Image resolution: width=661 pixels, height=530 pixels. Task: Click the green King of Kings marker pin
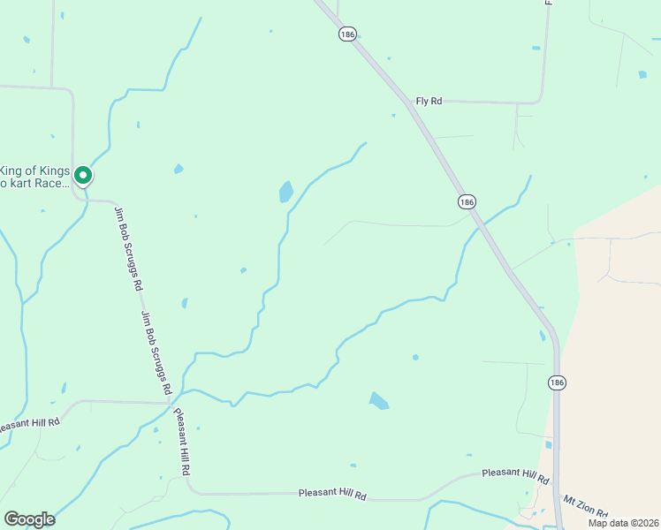click(x=83, y=176)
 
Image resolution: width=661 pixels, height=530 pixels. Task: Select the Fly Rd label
click(x=428, y=102)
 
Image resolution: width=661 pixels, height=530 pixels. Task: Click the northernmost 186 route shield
click(x=346, y=34)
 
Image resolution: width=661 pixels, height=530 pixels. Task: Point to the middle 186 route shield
click(x=467, y=202)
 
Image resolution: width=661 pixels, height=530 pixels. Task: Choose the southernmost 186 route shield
click(x=555, y=382)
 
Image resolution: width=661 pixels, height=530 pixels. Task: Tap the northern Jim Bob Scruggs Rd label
click(x=128, y=250)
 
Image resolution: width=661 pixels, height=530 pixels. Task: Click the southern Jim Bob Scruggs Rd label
click(x=155, y=352)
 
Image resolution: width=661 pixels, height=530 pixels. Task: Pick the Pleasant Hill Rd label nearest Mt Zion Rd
click(x=515, y=476)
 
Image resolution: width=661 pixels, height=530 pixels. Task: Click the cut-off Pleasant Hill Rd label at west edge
click(x=29, y=424)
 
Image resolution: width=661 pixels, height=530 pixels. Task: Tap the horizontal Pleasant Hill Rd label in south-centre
click(x=332, y=495)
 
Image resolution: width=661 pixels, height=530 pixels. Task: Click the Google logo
click(x=29, y=519)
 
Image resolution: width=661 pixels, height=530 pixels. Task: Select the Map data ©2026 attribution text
click(x=623, y=523)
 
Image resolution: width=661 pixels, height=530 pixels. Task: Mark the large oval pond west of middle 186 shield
click(x=285, y=192)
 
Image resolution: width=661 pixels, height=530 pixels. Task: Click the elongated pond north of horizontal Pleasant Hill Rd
click(x=378, y=401)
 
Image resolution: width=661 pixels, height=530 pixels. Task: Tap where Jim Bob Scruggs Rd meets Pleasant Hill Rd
click(x=171, y=403)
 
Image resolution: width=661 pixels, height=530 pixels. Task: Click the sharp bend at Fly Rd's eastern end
click(x=542, y=101)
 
